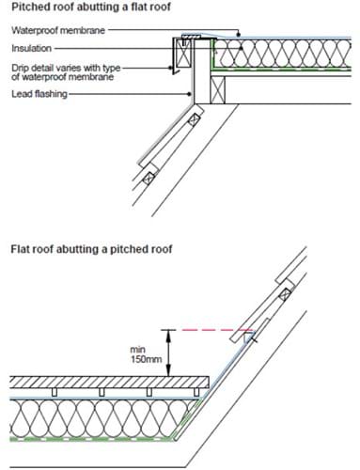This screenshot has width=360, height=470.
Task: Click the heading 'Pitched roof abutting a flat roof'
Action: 91,7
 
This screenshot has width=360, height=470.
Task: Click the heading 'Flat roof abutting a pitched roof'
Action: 91,249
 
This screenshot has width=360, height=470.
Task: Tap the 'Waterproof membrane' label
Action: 58,30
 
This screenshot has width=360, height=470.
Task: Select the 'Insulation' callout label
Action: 31,48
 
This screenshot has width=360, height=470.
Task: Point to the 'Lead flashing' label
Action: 39,94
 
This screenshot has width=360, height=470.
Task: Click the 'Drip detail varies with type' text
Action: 66,68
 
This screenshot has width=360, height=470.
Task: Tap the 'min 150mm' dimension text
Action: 146,354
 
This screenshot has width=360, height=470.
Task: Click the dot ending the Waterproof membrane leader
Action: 239,35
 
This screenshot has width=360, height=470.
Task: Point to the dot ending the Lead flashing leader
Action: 189,94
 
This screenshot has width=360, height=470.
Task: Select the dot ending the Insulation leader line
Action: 242,48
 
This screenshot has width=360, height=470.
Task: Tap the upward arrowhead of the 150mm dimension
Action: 168,336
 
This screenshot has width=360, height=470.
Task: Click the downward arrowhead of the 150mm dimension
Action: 168,371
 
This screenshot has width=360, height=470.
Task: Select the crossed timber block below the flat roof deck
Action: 218,90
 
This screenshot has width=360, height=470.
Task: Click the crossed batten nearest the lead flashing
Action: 194,119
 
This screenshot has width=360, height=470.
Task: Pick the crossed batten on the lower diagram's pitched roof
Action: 285,294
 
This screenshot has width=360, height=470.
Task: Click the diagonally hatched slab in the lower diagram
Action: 109,383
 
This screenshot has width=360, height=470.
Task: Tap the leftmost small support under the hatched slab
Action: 55,392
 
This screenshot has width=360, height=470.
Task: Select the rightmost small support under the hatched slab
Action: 196,392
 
